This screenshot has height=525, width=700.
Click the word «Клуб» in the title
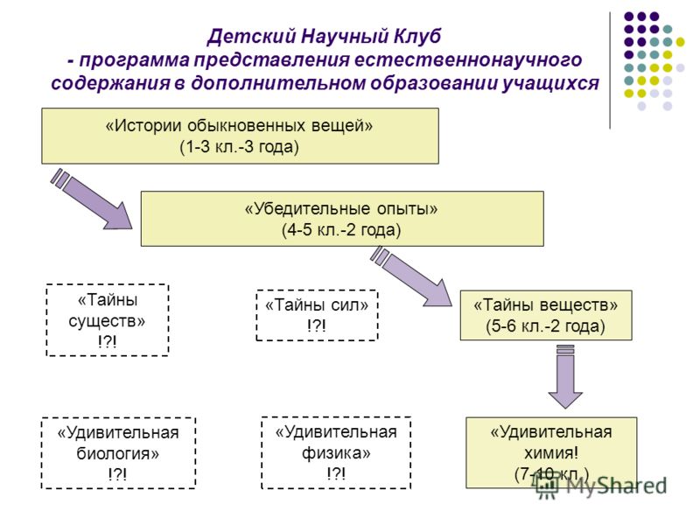[x=417, y=36]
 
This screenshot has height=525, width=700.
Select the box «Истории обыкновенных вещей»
[x=240, y=136]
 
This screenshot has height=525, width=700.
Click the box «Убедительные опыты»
[x=342, y=219]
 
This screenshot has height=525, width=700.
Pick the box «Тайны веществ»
[x=546, y=315]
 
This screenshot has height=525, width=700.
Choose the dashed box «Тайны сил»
[x=317, y=315]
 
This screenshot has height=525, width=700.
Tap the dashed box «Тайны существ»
[x=107, y=319]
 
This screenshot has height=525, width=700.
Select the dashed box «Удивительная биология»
[x=118, y=452]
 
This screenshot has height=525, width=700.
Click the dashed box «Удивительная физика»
[x=336, y=452]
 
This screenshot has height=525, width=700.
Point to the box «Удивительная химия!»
[x=551, y=452]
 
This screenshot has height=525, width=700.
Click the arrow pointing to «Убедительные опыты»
[x=92, y=199]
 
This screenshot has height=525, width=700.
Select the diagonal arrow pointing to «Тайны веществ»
[x=411, y=276]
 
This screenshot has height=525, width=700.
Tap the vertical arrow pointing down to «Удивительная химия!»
[x=565, y=376]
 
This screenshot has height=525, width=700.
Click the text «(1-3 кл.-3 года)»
[x=239, y=147]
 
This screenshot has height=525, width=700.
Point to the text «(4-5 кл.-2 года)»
[x=341, y=230]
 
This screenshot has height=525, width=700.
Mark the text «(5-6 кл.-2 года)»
[x=545, y=325]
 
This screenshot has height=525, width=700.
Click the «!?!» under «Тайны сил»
[x=317, y=325]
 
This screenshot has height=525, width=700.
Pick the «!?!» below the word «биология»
[x=117, y=474]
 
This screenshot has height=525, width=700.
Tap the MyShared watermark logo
[x=601, y=486]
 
